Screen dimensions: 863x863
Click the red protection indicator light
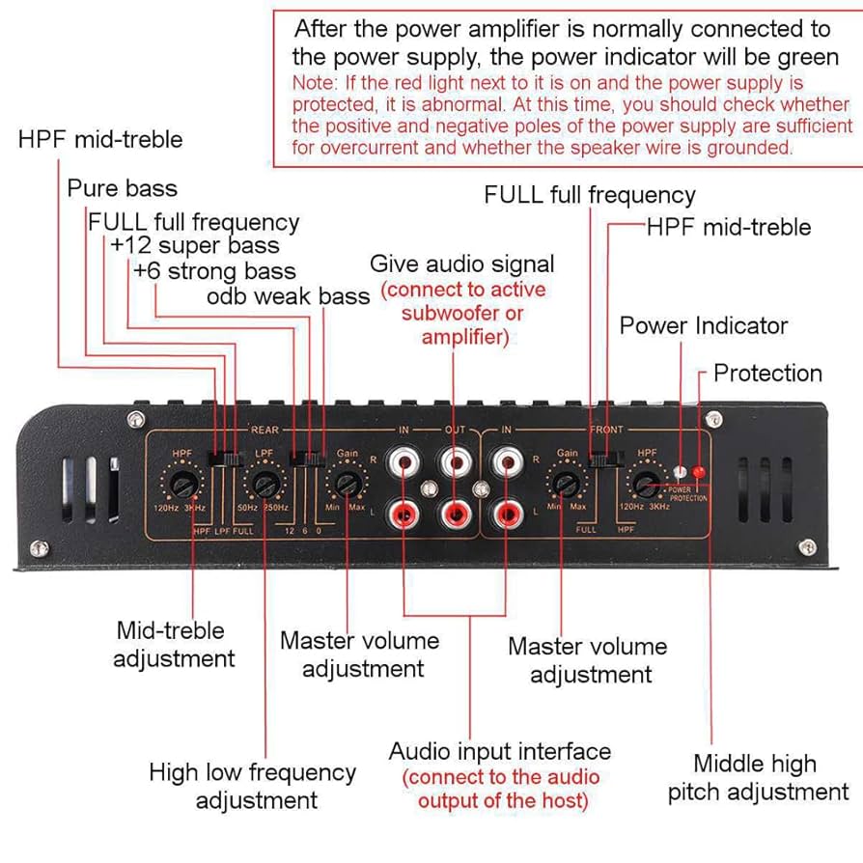[699, 472]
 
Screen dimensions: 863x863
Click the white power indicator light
[681, 472]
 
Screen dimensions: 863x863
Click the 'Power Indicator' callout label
[703, 326]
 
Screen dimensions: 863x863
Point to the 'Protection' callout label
[767, 374]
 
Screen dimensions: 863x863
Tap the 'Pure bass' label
[122, 187]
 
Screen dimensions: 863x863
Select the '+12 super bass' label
[194, 246]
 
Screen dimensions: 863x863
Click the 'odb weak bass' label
[288, 296]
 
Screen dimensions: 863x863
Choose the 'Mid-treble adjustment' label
[173, 645]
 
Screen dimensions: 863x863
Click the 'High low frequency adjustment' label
[252, 786]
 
